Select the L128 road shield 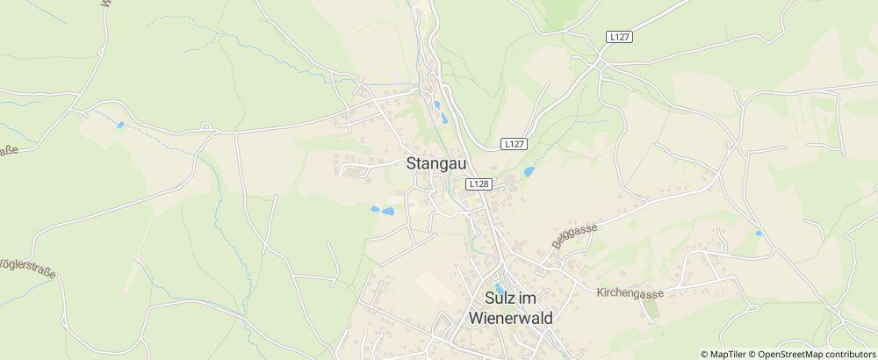(478, 184)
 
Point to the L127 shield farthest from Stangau (620, 36)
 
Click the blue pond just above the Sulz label (500, 287)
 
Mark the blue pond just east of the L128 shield (529, 172)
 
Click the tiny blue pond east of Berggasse (758, 234)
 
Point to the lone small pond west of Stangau (120, 126)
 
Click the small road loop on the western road (208, 128)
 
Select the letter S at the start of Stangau (413, 162)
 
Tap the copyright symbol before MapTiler (704, 353)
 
